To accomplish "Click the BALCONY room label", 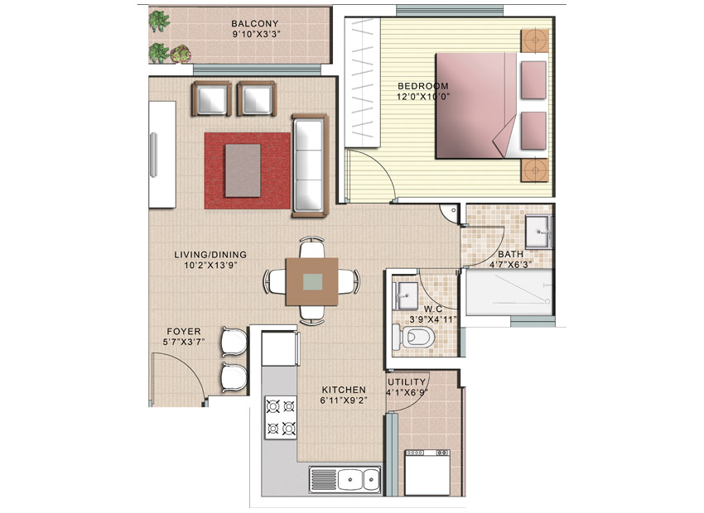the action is pos(254,23).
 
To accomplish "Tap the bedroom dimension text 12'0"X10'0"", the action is pos(423,96).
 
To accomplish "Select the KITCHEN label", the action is pos(344,390).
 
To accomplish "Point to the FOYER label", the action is pos(184,332).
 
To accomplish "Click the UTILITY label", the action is pos(407,381).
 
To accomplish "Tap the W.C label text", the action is pos(433,309).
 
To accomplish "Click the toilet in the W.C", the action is pos(413,336).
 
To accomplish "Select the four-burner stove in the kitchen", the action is pos(281,418).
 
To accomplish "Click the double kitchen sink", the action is pos(345,479).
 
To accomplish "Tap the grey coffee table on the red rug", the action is pos(243,170).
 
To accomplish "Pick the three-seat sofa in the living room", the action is pos(311,165).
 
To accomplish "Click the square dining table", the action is pos(312,282).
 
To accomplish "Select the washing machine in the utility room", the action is pos(427,472).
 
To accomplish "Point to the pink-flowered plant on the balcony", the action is pos(181,54).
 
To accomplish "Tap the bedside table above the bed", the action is pos(535,41).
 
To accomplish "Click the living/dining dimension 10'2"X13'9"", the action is pos(210,265).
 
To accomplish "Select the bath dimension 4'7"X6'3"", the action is pos(510,265).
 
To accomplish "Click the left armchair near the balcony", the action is pos(211,98).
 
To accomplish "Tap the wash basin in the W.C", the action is pos(406,296).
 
